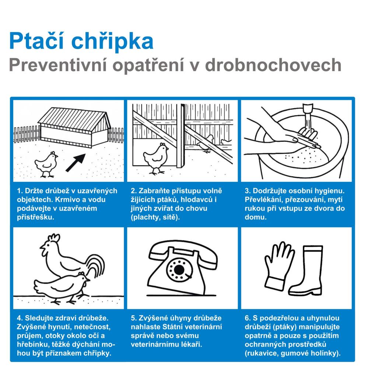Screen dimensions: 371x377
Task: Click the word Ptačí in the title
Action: pos(36,41)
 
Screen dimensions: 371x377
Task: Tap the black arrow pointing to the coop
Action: pos(76,162)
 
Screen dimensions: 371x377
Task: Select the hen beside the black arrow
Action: pos(46,165)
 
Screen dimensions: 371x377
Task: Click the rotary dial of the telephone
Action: pos(179,269)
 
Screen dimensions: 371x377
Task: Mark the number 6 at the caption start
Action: pos(248,318)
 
